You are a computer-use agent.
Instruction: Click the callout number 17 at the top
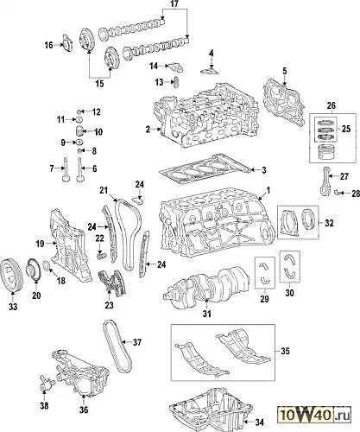pos(174,3)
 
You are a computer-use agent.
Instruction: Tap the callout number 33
pos(13,307)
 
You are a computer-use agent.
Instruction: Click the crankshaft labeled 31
pos(206,284)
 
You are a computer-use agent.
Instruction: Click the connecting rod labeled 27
pos(325,181)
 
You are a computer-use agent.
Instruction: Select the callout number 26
pos(332,105)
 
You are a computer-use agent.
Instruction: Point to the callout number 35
pos(285,351)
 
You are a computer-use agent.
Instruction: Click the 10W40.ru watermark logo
pos(314,416)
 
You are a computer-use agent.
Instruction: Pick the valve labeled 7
pos(66,170)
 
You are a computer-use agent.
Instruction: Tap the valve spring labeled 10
pos(79,131)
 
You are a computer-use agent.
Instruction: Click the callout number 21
pos(104,190)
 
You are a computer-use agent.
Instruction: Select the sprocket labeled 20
pos(33,270)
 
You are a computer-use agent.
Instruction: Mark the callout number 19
pos(40,244)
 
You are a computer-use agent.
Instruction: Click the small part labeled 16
pos(68,44)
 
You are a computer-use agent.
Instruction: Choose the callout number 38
pos(44,406)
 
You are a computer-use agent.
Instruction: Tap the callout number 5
pos(285,71)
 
